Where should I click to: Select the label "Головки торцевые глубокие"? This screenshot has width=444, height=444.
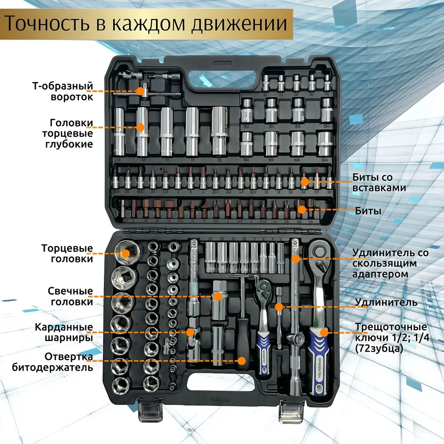[71, 133]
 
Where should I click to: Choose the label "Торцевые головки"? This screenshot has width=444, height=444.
[67, 253]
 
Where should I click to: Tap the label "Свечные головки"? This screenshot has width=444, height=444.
[71, 297]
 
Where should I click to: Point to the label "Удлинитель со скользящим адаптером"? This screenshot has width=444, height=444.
[390, 263]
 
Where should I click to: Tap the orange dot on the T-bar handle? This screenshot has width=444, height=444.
[140, 91]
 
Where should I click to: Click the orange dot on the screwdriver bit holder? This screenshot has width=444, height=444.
[242, 361]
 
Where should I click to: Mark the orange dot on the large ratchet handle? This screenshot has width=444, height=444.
[325, 332]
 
